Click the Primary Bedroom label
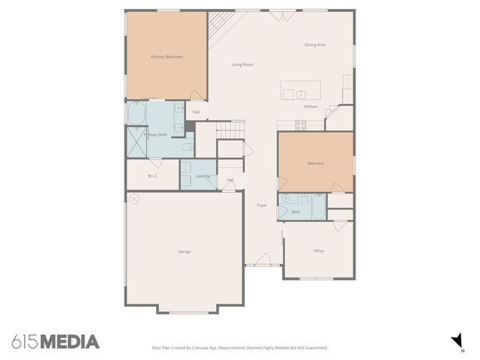pyautogui.click(x=166, y=57)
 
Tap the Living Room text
pyautogui.click(x=242, y=64)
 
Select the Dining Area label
pyautogui.click(x=314, y=45)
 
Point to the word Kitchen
pyautogui.click(x=310, y=106)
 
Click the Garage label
pyautogui.click(x=184, y=251)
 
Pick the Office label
pyautogui.click(x=319, y=250)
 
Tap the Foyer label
pyautogui.click(x=262, y=205)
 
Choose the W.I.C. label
pyautogui.click(x=152, y=176)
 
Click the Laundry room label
pyautogui.click(x=202, y=176)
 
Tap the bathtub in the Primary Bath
pyautogui.click(x=137, y=114)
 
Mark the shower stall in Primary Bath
pyautogui.click(x=136, y=140)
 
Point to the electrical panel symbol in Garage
pyautogui.click(x=133, y=199)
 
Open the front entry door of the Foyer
pyautogui.click(x=262, y=262)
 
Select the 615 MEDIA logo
pyautogui.click(x=55, y=342)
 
